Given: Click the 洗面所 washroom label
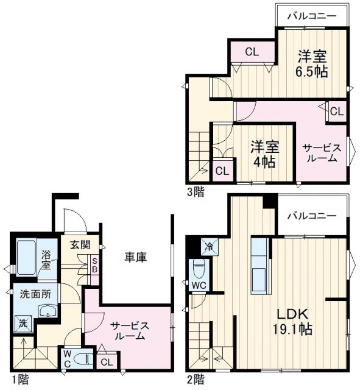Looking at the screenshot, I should tap(35, 293).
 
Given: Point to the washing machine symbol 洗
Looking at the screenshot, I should tap(23, 324).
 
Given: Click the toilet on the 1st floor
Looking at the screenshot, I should tap(85, 359).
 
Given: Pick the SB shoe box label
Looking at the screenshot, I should tap(94, 266).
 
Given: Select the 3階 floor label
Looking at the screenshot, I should tap(196, 191).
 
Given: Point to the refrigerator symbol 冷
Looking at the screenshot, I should tap(208, 247).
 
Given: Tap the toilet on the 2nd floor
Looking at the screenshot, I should tap(199, 268).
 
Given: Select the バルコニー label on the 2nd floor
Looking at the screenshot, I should tap(311, 216).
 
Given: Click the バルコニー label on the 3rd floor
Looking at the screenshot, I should tap(311, 15).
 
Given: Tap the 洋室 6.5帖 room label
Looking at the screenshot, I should tap(312, 64).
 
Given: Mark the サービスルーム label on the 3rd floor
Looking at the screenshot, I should tap(320, 152).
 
